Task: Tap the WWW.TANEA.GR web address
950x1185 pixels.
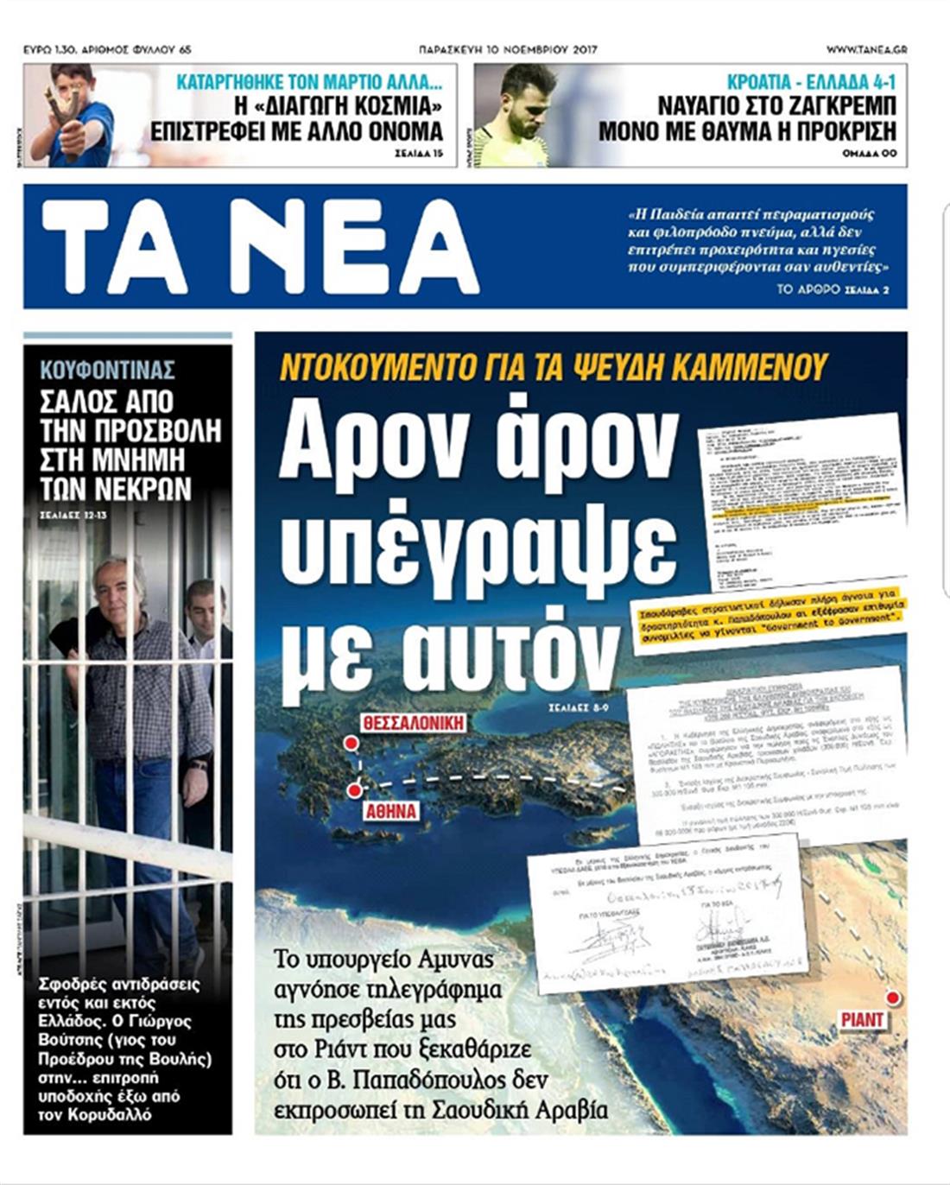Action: pos(866,50)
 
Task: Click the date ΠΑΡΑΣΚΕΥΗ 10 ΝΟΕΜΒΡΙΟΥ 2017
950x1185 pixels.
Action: pos(508,50)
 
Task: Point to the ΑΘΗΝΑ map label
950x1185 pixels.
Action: pos(391,812)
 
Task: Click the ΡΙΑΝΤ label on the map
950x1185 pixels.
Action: pos(862,1020)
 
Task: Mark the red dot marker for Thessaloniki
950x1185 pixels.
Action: pos(351,743)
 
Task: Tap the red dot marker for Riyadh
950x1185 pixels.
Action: pos(893,998)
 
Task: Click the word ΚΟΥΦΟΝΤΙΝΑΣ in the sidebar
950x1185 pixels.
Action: pos(108,371)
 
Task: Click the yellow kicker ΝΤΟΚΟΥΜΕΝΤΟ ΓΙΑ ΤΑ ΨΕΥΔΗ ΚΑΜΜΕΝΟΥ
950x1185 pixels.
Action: pos(554,367)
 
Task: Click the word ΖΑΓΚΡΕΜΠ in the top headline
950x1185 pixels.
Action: pos(829,106)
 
